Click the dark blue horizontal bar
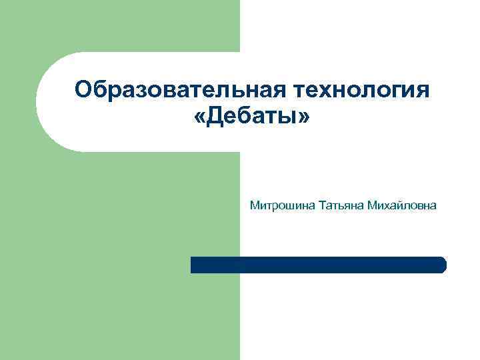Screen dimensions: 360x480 (x=318, y=265)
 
